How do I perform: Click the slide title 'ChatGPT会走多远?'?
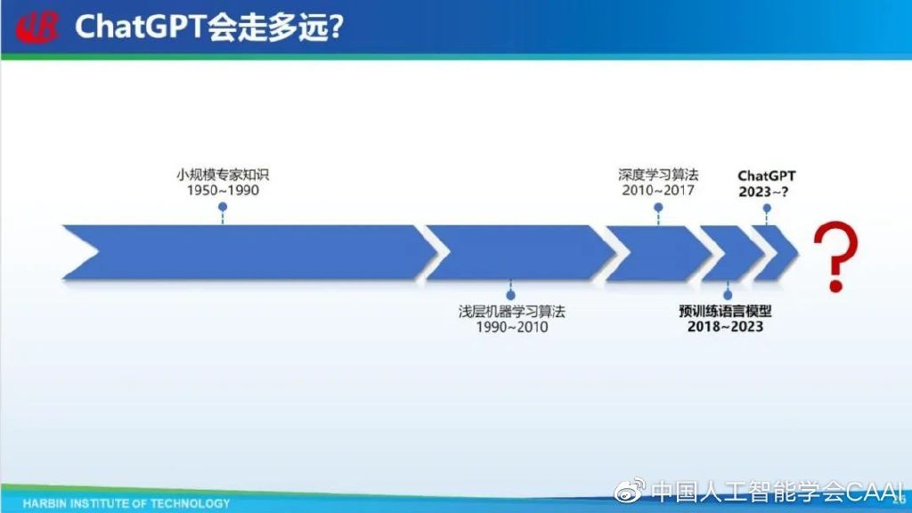pyautogui.click(x=209, y=28)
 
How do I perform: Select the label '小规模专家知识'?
pyautogui.click(x=223, y=174)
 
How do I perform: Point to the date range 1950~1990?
pyautogui.click(x=223, y=190)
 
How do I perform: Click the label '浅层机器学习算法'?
pyautogui.click(x=511, y=311)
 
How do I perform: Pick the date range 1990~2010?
pyautogui.click(x=511, y=327)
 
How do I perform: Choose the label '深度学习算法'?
pyautogui.click(x=658, y=174)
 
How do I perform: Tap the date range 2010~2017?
pyautogui.click(x=658, y=190)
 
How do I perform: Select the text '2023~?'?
pyautogui.click(x=767, y=191)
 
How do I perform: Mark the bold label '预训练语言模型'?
pyautogui.click(x=725, y=311)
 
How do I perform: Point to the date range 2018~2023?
pyautogui.click(x=725, y=327)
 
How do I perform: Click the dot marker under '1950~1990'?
pyautogui.click(x=223, y=207)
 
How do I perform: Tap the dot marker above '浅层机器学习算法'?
pyautogui.click(x=511, y=293)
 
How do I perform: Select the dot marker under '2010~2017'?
pyautogui.click(x=658, y=207)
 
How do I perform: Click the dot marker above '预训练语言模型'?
pyautogui.click(x=728, y=293)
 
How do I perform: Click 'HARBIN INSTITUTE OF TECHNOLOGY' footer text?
pyautogui.click(x=126, y=503)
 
